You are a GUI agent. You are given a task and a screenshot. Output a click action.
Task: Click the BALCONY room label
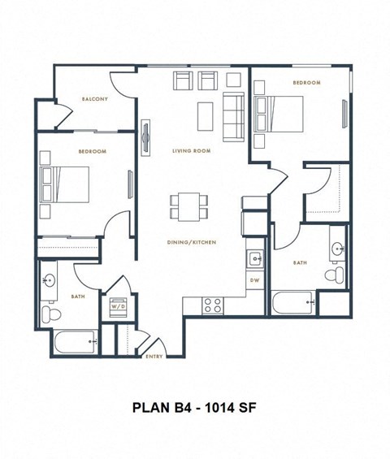tap(94, 99)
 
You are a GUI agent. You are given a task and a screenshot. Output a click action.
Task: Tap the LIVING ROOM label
tap(191, 151)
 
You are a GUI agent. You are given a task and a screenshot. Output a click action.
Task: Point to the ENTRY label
tap(153, 356)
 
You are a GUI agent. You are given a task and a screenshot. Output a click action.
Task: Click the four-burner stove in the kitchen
tap(212, 305)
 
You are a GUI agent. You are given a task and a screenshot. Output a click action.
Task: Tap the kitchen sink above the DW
tap(254, 259)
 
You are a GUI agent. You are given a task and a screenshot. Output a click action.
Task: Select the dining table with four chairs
tap(188, 206)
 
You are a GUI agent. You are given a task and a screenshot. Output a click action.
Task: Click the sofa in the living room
tap(233, 116)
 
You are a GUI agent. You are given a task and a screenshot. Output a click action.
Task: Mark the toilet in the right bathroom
tap(333, 275)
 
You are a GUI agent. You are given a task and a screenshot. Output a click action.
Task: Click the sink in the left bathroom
tap(49, 281)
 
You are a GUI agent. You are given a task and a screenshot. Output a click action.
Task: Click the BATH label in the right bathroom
tap(299, 262)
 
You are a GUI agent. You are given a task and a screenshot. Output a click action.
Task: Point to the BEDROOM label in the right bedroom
tap(306, 83)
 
